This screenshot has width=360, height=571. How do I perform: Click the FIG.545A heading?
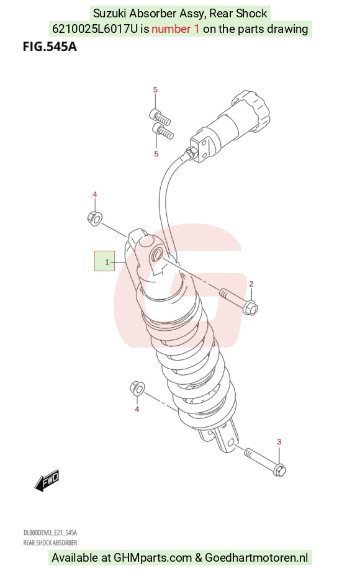coord(50,47)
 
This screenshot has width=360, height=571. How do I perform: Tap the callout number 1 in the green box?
coord(107,262)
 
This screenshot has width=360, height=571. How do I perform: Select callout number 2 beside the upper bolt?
coord(251,284)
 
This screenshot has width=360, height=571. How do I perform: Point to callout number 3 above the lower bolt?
coord(279,442)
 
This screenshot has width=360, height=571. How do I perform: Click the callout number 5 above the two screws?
coord(155,89)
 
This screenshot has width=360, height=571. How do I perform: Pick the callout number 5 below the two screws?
coord(156,154)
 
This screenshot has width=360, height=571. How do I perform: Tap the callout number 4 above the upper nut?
coord(94,194)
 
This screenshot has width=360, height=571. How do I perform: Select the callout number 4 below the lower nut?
coord(137,409)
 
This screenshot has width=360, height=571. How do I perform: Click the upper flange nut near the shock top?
coord(94,217)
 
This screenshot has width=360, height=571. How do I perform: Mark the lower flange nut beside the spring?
coord(137,389)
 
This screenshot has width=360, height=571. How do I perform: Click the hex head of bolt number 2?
coord(251,308)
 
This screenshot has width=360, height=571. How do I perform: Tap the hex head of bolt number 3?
coord(279,469)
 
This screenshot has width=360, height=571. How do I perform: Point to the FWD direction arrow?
coord(47,480)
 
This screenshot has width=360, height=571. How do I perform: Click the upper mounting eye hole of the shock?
coord(158,254)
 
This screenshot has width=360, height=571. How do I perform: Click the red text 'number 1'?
coord(176,29)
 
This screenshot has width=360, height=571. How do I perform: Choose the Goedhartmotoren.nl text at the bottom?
coord(256,557)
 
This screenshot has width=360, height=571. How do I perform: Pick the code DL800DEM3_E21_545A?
coord(50,533)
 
